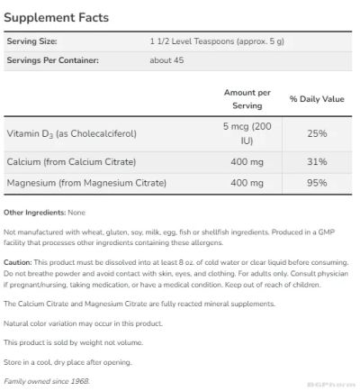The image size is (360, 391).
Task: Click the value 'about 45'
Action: coord(166,59)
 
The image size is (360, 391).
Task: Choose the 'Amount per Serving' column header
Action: coord(246,97)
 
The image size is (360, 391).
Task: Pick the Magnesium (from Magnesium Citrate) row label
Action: coord(86,184)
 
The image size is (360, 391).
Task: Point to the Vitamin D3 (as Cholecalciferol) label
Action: coord(71,133)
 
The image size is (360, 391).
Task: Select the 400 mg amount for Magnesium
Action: coord(246,184)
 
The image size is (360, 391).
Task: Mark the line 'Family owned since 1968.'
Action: coord(47,381)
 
